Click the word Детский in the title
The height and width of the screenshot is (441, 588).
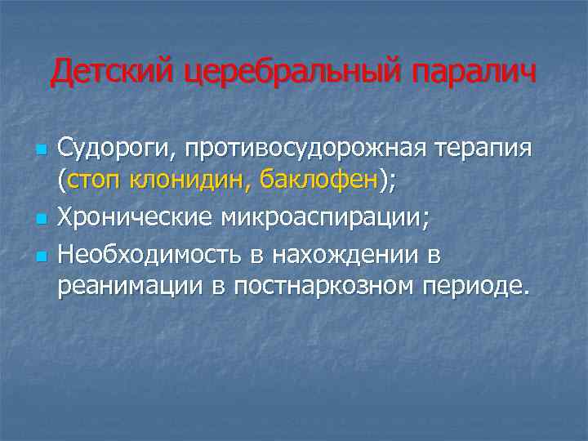(x=112, y=73)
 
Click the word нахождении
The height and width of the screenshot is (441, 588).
(x=352, y=255)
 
